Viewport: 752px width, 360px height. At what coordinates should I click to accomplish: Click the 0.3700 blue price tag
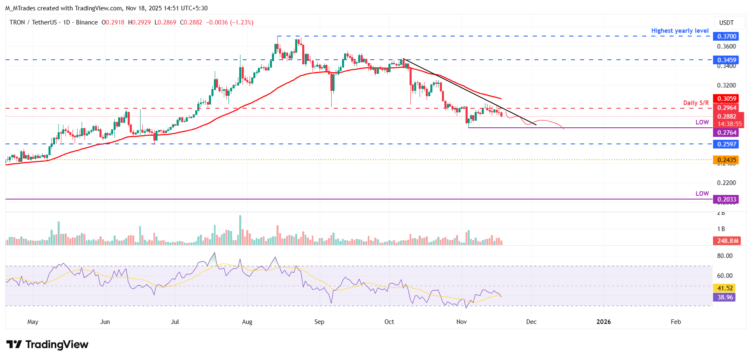tap(727, 36)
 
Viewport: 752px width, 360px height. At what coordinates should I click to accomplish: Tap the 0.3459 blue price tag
tap(727, 60)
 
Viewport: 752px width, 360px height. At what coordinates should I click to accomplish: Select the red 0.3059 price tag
tap(727, 99)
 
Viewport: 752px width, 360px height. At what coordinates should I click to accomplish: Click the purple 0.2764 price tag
tap(727, 133)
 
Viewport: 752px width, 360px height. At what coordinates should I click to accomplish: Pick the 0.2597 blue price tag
tap(727, 144)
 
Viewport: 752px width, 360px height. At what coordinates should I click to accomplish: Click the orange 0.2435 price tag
tap(727, 160)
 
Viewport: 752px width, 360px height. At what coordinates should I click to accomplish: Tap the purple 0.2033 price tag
tap(727, 199)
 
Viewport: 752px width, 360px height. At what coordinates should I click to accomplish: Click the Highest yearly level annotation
tap(679, 31)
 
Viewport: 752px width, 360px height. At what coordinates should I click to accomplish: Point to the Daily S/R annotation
tap(696, 103)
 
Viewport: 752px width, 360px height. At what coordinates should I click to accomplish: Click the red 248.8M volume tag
tap(728, 241)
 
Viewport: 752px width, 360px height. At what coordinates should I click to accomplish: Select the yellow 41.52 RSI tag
tap(725, 288)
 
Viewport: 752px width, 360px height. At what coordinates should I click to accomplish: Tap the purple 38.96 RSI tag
tap(725, 297)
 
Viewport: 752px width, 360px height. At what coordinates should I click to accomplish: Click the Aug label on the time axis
tap(247, 322)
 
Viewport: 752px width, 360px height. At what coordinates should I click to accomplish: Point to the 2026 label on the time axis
tap(603, 322)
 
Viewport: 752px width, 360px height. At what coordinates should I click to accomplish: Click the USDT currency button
tap(726, 23)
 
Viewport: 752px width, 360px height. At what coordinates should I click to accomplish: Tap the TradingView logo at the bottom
tap(47, 345)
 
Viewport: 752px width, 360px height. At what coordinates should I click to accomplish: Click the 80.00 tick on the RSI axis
tap(725, 256)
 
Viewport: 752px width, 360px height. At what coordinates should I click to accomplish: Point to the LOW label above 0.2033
tap(702, 194)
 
